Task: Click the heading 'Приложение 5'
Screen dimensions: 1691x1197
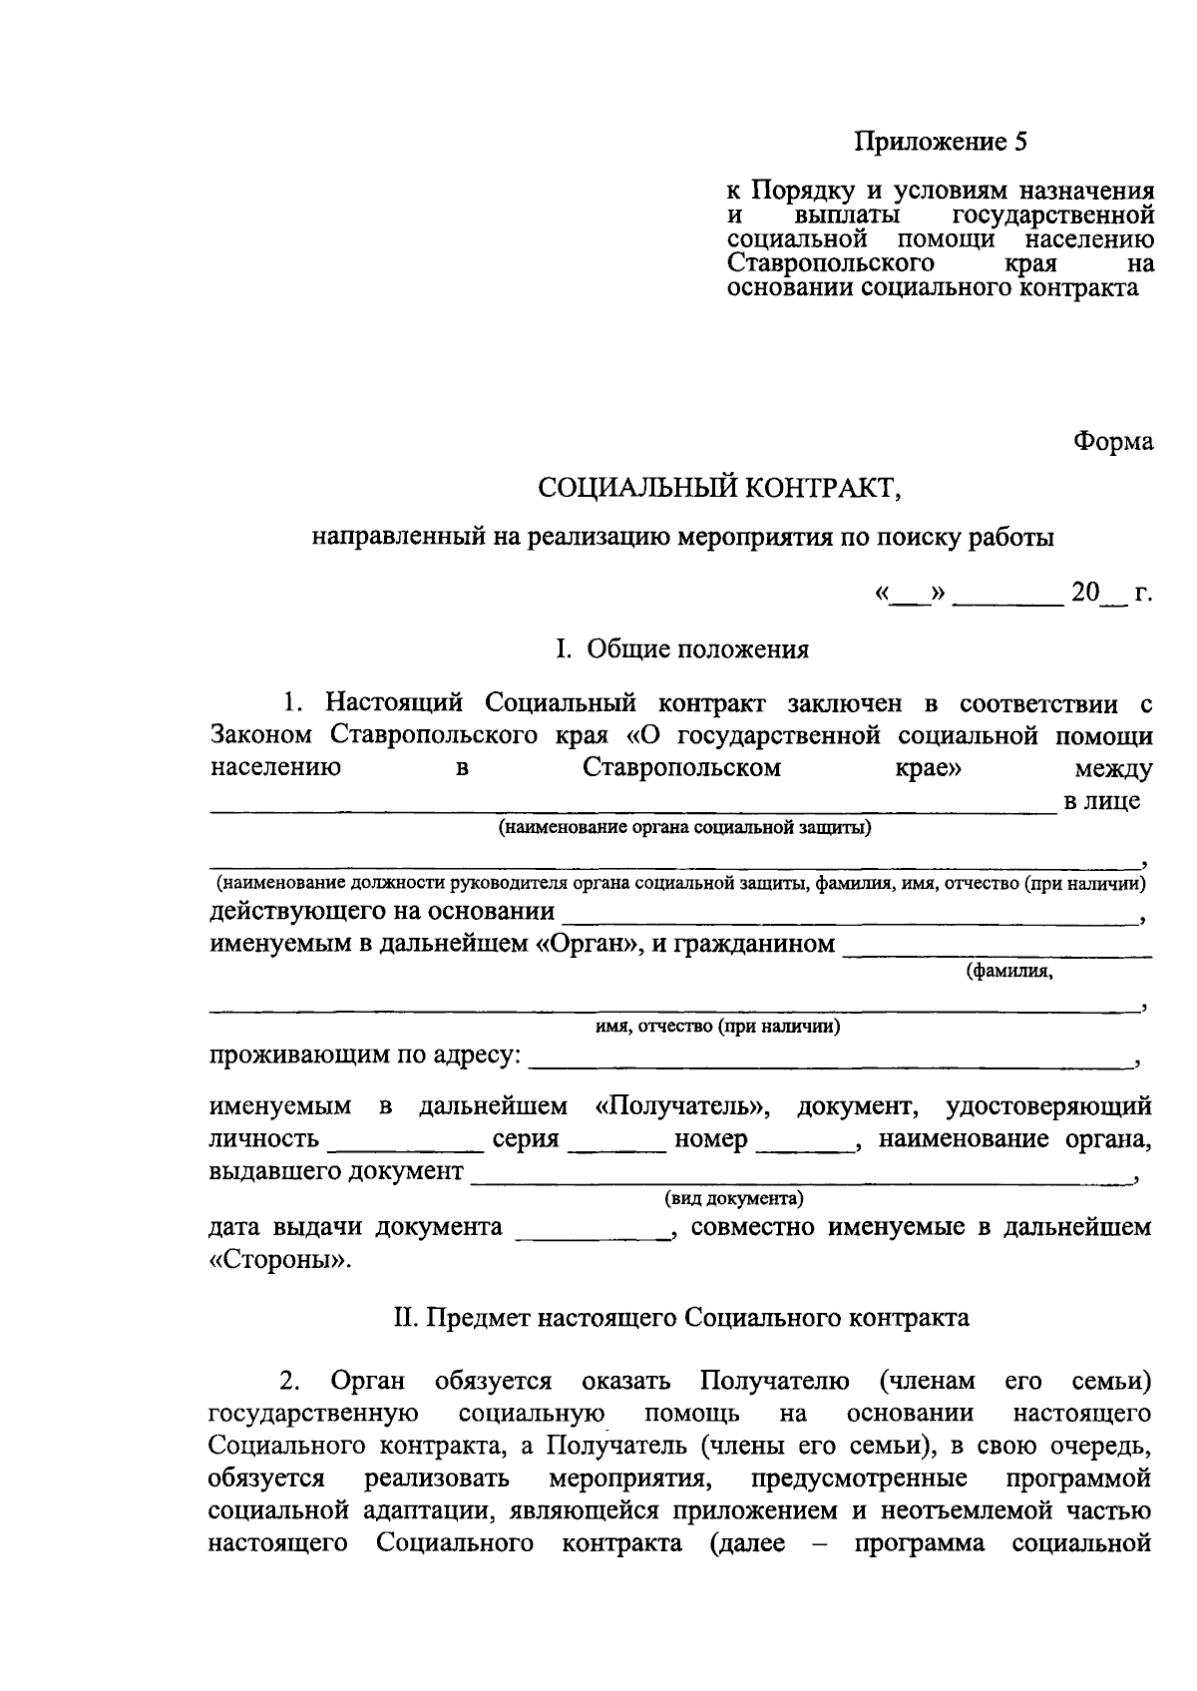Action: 941,142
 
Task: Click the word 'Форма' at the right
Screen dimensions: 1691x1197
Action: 1112,441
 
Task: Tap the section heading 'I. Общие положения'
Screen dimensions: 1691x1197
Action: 682,649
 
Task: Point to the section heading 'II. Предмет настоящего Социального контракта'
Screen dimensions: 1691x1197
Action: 682,1318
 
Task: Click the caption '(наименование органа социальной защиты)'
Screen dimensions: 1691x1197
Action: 685,827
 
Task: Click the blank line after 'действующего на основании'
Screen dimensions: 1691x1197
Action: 849,917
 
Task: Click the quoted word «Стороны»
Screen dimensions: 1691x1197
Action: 280,1259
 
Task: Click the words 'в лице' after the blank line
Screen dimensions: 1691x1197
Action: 1101,801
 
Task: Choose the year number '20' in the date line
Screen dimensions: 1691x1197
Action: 1084,594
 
